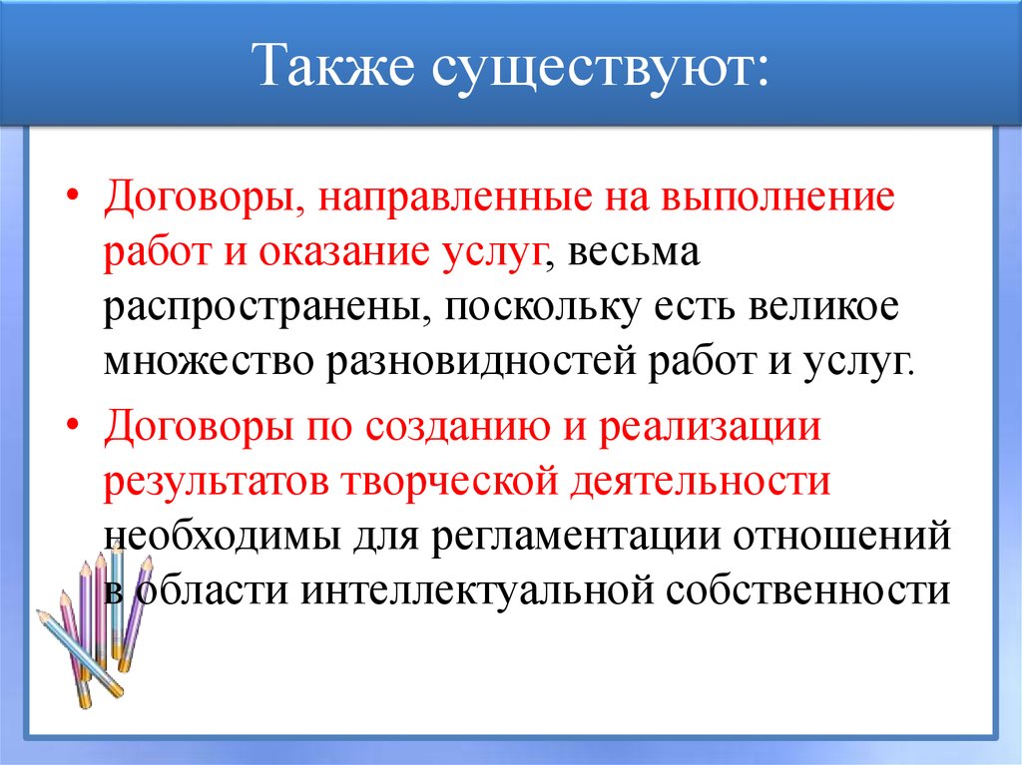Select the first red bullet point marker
tap(78, 195)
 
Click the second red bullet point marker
tap(78, 428)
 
